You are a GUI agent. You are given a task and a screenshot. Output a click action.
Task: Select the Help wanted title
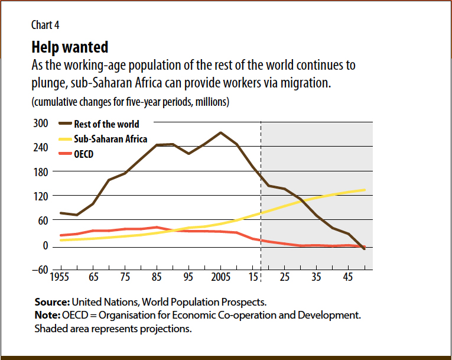click(70, 47)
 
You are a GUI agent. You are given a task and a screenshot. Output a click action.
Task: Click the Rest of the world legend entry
click(106, 124)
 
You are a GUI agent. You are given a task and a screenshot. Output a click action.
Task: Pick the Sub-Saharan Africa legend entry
click(110, 139)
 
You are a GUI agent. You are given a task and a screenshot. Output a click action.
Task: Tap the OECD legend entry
click(84, 154)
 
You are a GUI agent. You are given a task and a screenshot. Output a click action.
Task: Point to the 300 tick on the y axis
click(41, 124)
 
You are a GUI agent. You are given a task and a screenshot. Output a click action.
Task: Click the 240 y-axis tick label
click(41, 147)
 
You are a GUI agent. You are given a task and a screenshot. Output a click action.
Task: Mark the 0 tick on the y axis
click(44, 245)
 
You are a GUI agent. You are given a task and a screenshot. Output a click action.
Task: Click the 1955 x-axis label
click(59, 277)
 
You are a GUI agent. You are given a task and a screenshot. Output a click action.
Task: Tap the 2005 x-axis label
click(220, 277)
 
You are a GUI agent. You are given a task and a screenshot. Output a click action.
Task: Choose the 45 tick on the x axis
click(349, 277)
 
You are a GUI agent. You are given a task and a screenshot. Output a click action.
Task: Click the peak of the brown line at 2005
click(220, 132)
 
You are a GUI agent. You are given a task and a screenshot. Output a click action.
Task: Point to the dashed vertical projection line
click(261, 195)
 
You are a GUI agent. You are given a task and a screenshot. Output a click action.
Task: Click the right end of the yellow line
click(365, 190)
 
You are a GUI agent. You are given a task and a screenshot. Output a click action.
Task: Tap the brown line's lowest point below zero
click(365, 249)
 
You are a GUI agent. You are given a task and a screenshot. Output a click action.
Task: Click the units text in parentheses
click(130, 102)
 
